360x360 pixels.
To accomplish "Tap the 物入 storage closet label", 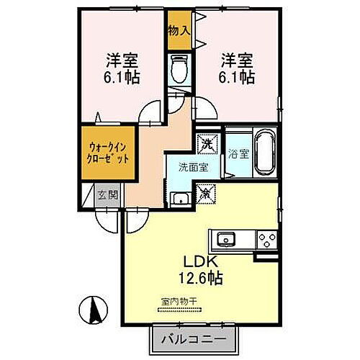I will tap(179, 31).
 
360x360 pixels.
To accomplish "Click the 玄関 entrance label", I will tap(108, 194).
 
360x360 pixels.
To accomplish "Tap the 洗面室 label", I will tap(194, 166).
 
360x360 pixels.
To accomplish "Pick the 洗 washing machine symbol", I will tap(207, 144).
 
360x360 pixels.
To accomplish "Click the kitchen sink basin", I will tap(225, 238).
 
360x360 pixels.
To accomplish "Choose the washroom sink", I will tap(179, 199).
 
